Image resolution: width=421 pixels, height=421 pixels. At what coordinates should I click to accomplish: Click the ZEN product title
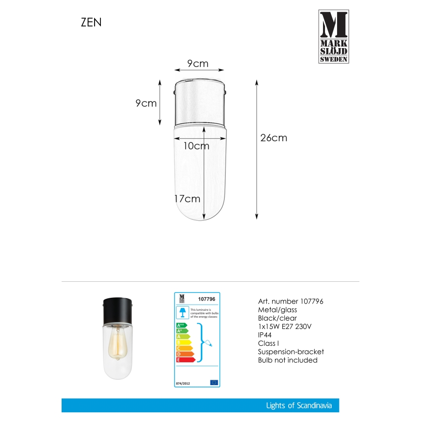[x=91, y=22]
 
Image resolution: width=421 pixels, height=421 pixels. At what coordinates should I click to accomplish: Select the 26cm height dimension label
[x=274, y=138]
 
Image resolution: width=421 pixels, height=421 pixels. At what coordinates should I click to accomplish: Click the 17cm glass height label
[x=188, y=199]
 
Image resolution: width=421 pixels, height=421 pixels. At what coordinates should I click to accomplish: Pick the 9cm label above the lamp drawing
[x=197, y=64]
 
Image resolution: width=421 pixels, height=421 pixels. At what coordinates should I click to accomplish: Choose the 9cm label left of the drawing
[x=146, y=103]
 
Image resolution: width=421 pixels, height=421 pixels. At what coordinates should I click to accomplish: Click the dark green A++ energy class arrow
[x=181, y=325]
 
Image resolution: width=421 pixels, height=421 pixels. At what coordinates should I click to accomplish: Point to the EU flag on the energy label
[x=214, y=383]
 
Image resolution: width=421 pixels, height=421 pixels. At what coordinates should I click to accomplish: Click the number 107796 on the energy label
[x=207, y=299]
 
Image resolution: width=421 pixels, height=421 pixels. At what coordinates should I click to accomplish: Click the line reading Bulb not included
[x=288, y=360]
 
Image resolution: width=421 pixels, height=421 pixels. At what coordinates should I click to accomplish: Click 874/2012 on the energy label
[x=182, y=383]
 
